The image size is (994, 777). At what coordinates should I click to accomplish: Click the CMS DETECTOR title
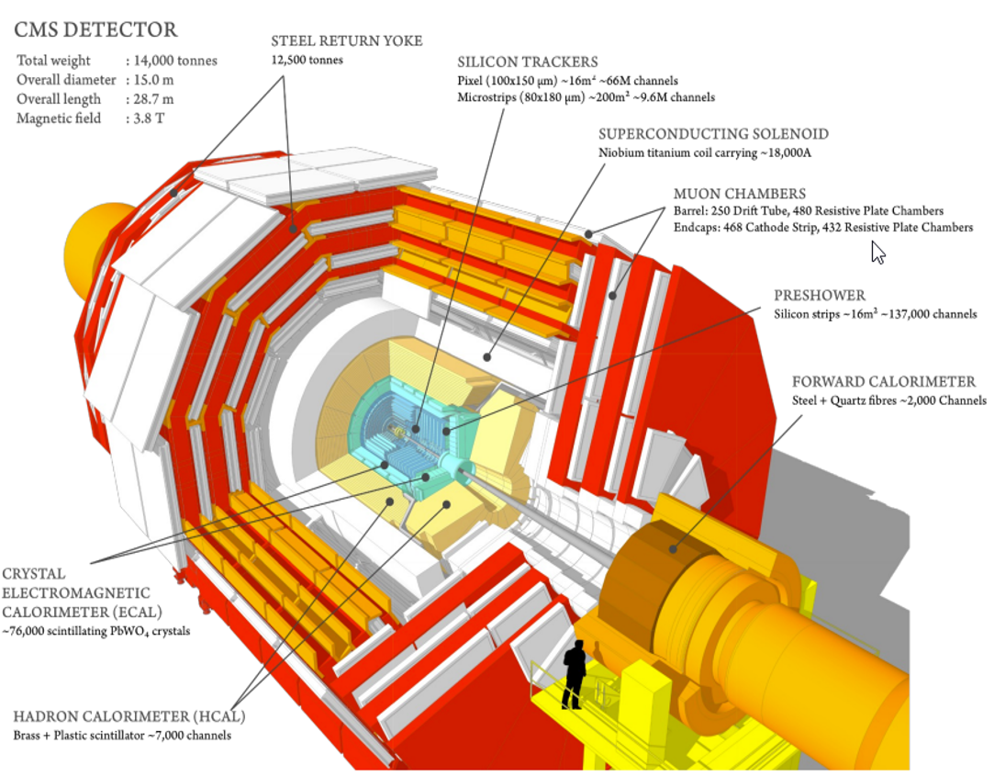95,30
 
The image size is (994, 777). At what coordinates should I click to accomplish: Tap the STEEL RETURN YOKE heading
346,40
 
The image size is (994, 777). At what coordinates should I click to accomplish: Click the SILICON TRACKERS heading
528,62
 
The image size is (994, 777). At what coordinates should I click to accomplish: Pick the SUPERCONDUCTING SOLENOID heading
713,134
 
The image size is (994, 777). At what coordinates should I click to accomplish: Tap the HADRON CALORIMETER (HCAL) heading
129,717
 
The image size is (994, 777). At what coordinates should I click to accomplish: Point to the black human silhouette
575,673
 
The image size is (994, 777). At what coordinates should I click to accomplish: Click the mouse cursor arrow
877,252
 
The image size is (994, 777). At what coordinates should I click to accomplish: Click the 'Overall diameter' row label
65,80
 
